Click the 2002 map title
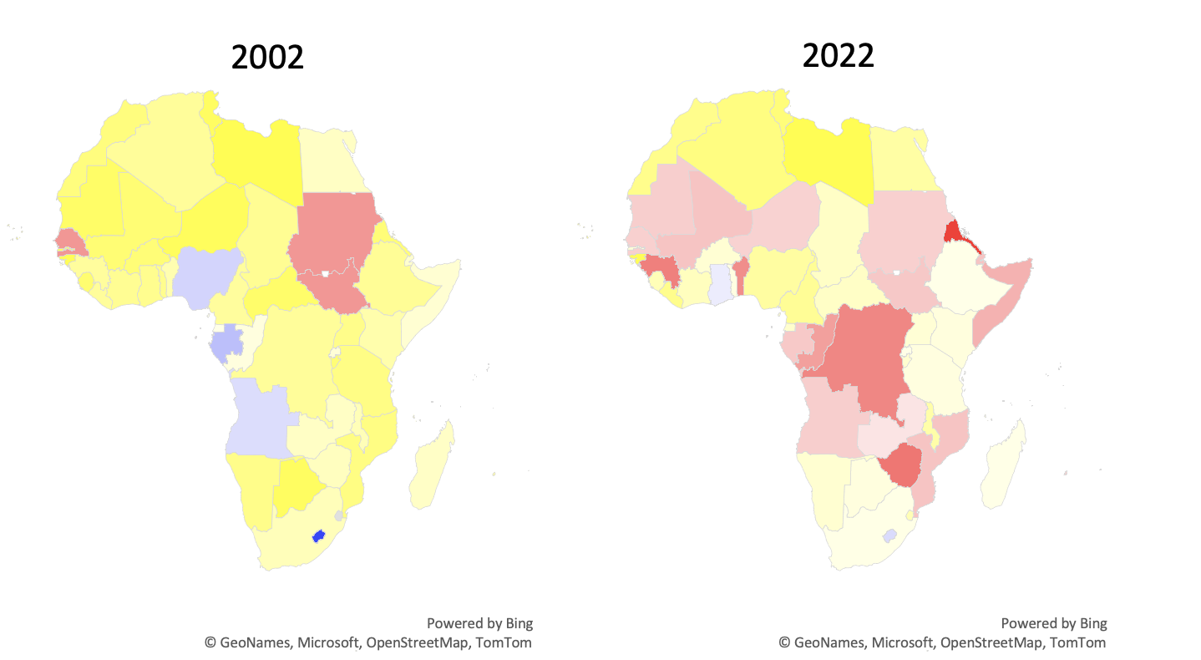pos(267,57)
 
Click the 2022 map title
pos(838,55)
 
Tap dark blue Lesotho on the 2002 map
pos(317,536)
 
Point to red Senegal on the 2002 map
pos(70,241)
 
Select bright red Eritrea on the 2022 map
pos(952,231)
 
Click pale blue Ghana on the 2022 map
pos(720,284)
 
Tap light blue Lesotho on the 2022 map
pos(890,535)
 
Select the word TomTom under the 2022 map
pos(1077,642)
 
